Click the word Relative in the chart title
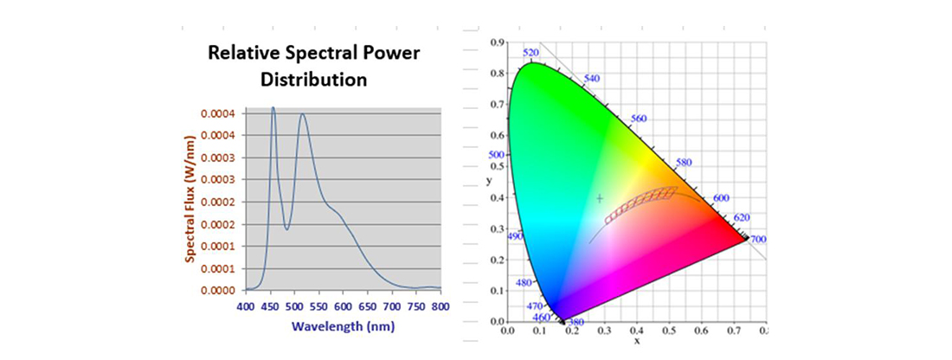tap(244, 54)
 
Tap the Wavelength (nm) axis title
tap(343, 326)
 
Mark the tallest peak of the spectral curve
tap(273, 108)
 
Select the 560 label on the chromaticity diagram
tap(639, 118)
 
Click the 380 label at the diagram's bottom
tap(576, 322)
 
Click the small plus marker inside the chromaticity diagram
tap(599, 198)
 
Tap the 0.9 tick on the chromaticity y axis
tap(498, 42)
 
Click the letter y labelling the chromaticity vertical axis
tap(489, 182)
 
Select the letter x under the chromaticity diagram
tap(636, 340)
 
